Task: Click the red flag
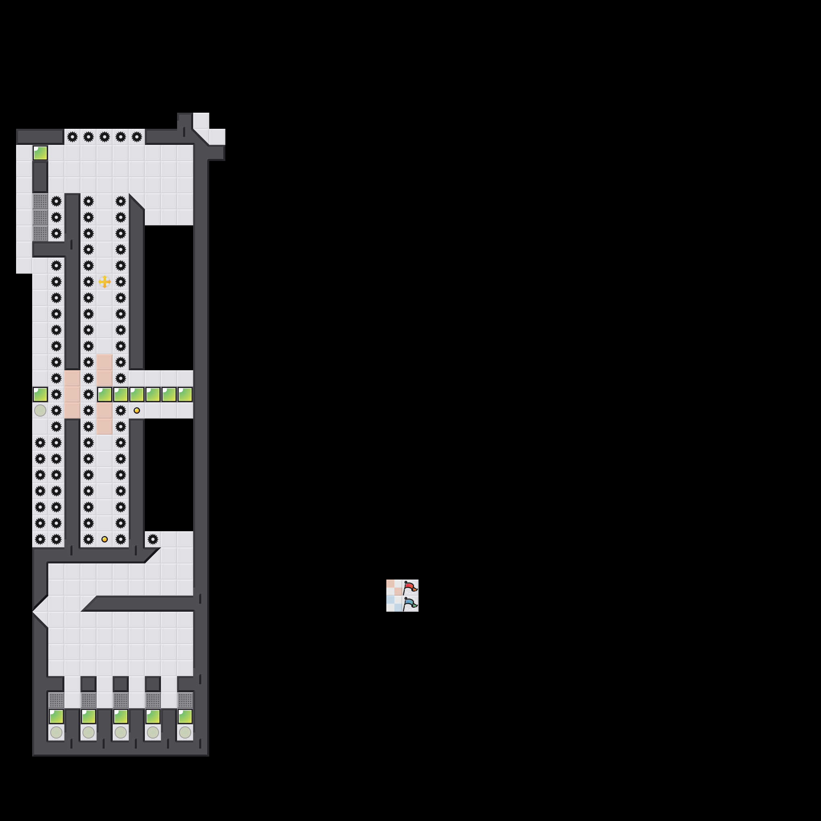pos(410,587)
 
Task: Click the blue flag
pos(410,603)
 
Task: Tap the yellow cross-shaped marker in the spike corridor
pos(105,281)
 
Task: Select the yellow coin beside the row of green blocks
pos(137,410)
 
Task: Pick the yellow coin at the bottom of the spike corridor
pos(105,539)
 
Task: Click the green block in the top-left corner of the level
pos(40,153)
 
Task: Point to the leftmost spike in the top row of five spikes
pos(72,137)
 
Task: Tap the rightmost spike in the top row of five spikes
pos(137,137)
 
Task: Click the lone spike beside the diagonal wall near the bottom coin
pos(153,539)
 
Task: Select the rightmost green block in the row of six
pos(185,394)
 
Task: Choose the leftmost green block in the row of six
pos(105,394)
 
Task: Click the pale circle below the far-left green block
pos(40,410)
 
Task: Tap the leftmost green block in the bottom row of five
pos(56,716)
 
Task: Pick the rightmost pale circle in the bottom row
pos(185,732)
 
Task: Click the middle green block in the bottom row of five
pos(121,716)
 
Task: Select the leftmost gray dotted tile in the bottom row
pos(56,700)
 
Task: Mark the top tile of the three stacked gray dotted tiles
pos(40,201)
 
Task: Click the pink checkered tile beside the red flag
pos(394,587)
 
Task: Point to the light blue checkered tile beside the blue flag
pos(394,603)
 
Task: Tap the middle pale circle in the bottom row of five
pos(121,732)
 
